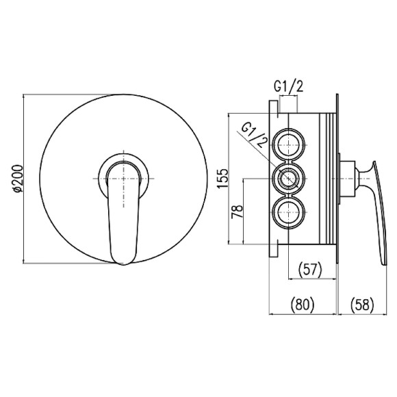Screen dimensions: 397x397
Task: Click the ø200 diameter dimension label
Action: pos(18,179)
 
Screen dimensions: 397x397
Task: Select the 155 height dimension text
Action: pos(223,179)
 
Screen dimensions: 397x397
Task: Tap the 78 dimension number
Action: pos(238,212)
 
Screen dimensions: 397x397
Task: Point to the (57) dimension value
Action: pos(309,270)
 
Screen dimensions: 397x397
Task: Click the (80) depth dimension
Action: pos(302,305)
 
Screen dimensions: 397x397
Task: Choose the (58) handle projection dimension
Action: pos(362,305)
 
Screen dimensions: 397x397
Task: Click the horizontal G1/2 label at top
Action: pos(288,87)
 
